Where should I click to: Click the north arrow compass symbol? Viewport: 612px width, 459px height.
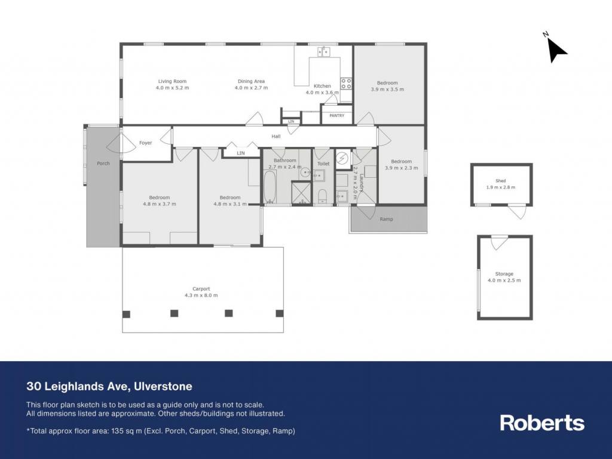click(556, 49)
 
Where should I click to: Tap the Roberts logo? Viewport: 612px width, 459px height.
click(542, 423)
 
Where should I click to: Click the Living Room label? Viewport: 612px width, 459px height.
click(172, 81)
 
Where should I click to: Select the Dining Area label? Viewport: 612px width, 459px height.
click(252, 81)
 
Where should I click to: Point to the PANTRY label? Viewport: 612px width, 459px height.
click(337, 116)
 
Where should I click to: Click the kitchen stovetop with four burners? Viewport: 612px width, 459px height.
click(346, 84)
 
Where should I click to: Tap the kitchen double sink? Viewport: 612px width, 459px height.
click(323, 51)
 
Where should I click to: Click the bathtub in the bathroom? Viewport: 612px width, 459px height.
click(270, 187)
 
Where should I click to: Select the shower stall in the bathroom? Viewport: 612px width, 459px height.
click(301, 193)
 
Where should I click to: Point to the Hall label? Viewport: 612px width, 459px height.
click(276, 136)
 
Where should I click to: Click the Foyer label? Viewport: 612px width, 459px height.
click(146, 143)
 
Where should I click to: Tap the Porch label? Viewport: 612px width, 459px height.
click(103, 164)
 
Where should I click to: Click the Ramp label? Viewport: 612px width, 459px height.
click(387, 220)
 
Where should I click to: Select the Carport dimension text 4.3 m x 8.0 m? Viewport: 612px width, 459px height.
click(201, 295)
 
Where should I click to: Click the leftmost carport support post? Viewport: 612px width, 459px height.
click(127, 314)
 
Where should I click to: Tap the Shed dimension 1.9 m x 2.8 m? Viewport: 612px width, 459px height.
click(501, 187)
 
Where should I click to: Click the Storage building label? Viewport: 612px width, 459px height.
click(504, 274)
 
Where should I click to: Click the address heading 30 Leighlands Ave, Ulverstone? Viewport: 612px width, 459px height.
click(109, 386)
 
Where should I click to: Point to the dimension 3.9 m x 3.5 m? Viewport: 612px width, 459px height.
click(387, 89)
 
